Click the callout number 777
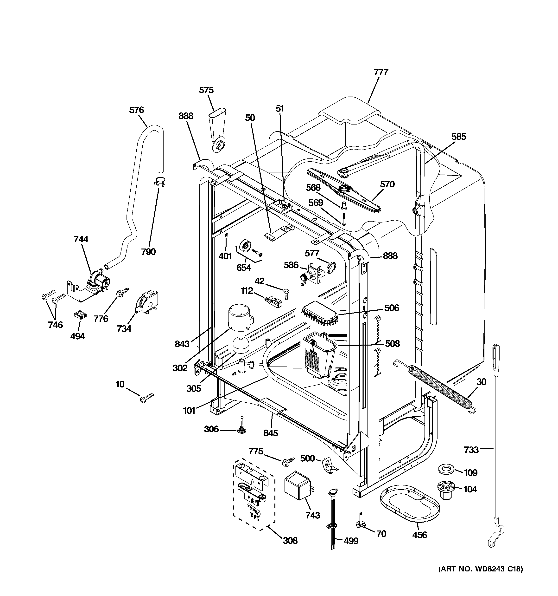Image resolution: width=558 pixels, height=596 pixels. point(381,72)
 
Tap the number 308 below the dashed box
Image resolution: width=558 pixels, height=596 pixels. point(290,540)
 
